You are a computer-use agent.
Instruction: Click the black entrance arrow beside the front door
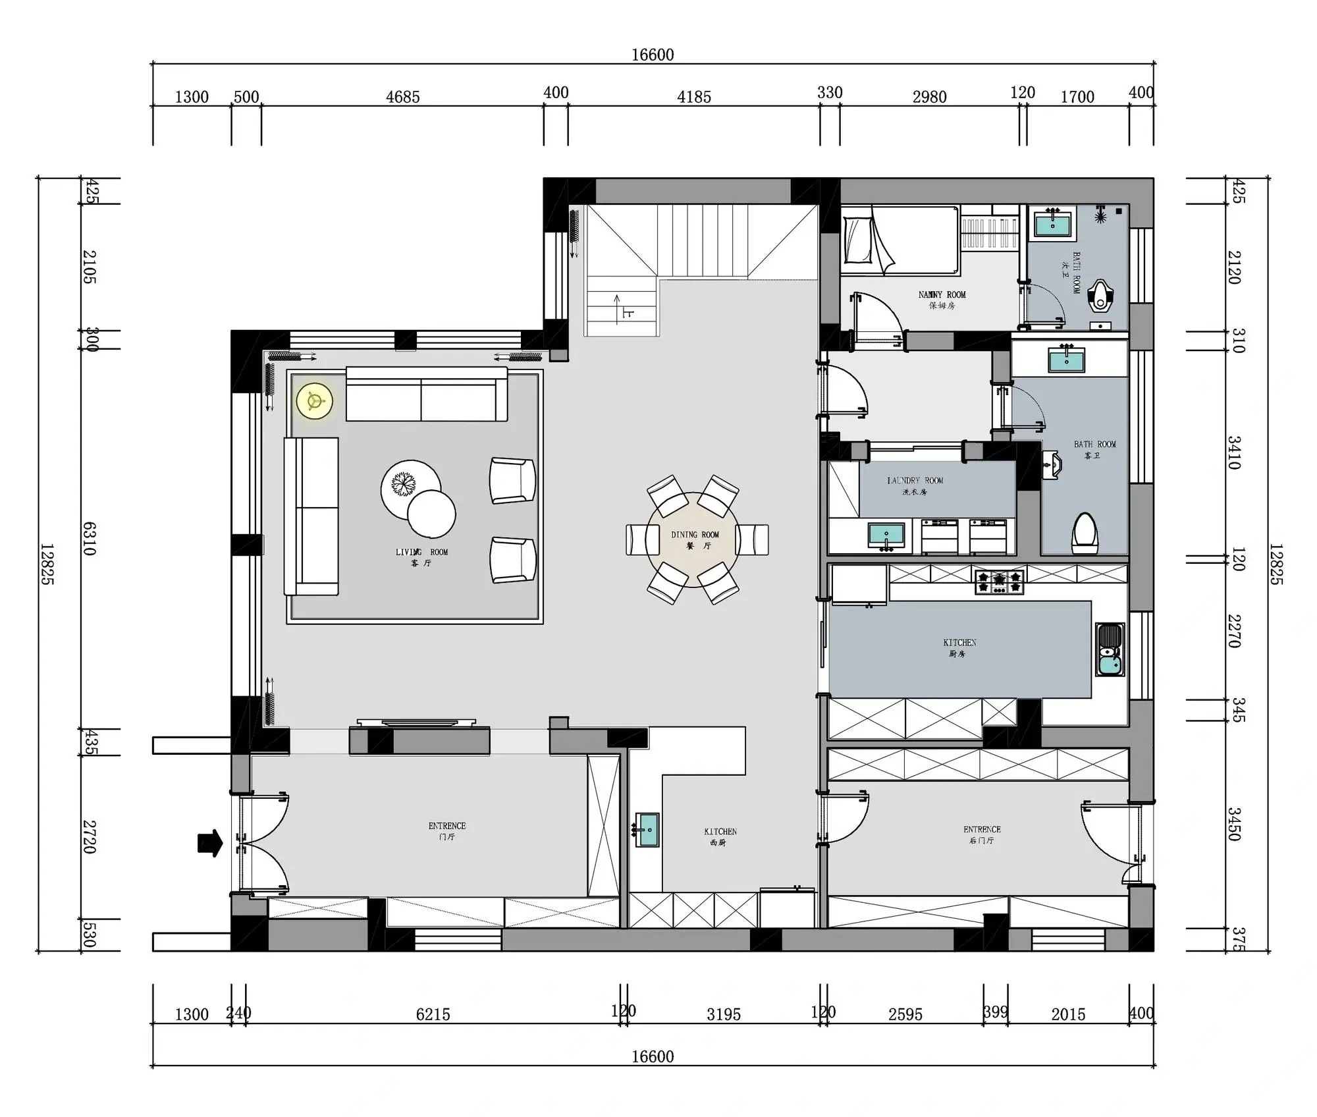tap(210, 843)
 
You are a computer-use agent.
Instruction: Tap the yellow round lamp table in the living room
tap(314, 400)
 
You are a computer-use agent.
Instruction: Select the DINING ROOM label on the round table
tap(695, 535)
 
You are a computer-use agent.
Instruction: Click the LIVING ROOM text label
tap(421, 553)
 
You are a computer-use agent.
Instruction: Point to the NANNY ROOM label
tap(942, 295)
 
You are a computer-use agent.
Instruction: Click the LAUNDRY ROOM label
tap(915, 481)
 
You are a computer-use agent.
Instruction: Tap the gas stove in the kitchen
tap(1000, 582)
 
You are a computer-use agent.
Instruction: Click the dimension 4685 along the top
tap(402, 97)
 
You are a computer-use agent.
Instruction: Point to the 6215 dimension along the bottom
tap(433, 1015)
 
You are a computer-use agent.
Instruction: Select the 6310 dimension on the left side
tap(90, 539)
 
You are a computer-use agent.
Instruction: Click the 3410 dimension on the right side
tap(1233, 452)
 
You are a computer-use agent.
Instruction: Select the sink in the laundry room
tap(886, 535)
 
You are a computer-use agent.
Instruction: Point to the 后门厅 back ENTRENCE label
tap(982, 834)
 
